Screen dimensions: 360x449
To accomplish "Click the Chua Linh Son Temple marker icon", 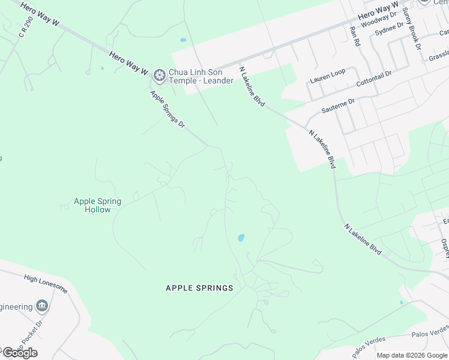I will [160, 75].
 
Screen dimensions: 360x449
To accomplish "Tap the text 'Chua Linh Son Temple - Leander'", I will [201, 76].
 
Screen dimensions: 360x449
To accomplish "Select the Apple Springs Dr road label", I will [167, 109].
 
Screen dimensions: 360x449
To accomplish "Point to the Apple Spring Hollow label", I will [97, 205].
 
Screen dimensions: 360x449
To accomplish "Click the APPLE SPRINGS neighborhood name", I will [199, 288].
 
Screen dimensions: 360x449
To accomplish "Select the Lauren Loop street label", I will [327, 76].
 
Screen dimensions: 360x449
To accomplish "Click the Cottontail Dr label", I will [373, 77].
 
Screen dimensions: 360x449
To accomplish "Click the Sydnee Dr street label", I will [389, 29].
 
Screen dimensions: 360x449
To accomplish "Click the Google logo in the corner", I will [20, 353].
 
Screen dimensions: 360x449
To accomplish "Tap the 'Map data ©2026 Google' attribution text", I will [411, 355].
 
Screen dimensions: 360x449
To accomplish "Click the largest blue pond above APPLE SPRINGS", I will [241, 238].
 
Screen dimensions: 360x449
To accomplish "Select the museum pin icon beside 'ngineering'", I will [42, 307].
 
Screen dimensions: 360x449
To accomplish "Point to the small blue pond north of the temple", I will [183, 40].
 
